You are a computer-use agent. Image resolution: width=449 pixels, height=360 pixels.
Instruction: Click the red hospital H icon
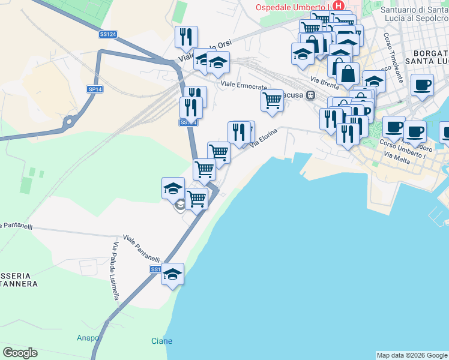(339, 7)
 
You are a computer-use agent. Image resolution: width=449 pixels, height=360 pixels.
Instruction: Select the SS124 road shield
(108, 35)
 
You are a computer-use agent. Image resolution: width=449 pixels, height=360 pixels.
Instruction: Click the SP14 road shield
(95, 89)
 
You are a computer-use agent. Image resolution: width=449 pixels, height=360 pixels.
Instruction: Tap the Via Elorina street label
(264, 137)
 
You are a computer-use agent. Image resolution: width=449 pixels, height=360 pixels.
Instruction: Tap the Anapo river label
(88, 338)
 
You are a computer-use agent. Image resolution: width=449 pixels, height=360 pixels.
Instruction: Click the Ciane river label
(161, 341)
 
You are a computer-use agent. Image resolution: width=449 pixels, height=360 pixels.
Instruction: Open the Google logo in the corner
(20, 353)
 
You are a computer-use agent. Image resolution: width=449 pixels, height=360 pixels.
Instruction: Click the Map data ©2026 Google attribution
(412, 355)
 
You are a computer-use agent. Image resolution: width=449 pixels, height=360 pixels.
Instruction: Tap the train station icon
(311, 95)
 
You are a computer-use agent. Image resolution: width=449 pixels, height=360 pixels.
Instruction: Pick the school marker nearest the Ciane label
(173, 274)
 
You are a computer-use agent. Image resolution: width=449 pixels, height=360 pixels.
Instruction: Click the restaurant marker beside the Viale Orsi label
(186, 36)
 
